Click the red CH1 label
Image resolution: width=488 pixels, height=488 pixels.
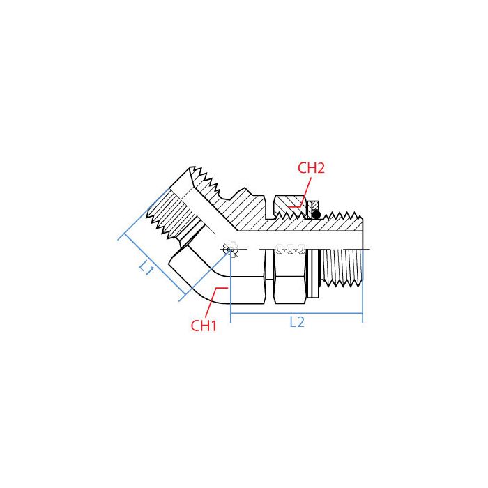tap(204, 325)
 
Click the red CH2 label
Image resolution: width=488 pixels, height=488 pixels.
tap(311, 168)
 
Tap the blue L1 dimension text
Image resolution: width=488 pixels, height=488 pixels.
tap(146, 267)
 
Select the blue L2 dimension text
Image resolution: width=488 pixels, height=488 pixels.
tap(297, 322)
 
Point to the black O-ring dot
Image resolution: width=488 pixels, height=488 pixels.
tap(316, 215)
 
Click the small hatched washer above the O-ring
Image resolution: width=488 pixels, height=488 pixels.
tap(314, 205)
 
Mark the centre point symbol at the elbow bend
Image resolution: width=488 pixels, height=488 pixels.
tap(230, 249)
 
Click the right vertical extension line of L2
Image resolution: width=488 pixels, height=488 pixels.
tap(363, 293)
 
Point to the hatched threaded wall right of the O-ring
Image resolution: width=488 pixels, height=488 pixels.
tap(342, 222)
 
